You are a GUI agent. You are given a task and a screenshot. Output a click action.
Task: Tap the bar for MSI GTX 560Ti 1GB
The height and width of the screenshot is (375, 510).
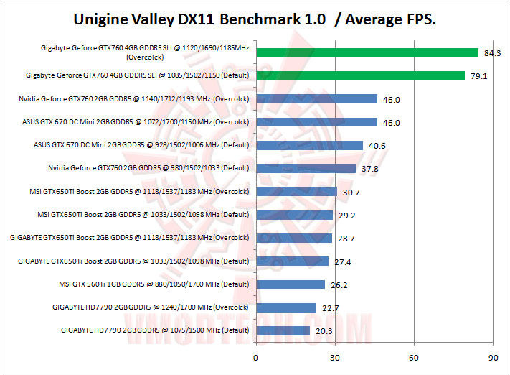tap(291, 284)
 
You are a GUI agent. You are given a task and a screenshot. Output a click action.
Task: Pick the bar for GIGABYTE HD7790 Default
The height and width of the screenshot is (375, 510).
tap(283, 331)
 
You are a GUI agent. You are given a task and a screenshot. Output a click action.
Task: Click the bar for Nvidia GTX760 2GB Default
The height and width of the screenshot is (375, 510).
tap(306, 169)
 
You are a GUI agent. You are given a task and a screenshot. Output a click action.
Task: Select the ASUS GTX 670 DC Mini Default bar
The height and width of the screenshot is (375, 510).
tap(309, 145)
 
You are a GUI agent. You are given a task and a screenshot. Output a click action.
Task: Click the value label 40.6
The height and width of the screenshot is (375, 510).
tap(375, 145)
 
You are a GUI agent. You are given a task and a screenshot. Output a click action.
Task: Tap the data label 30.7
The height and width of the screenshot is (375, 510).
tap(349, 192)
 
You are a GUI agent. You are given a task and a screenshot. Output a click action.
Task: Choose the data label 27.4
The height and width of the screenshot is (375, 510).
tap(340, 261)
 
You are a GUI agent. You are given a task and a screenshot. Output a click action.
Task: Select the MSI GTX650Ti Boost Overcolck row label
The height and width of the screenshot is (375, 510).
tap(141, 192)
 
